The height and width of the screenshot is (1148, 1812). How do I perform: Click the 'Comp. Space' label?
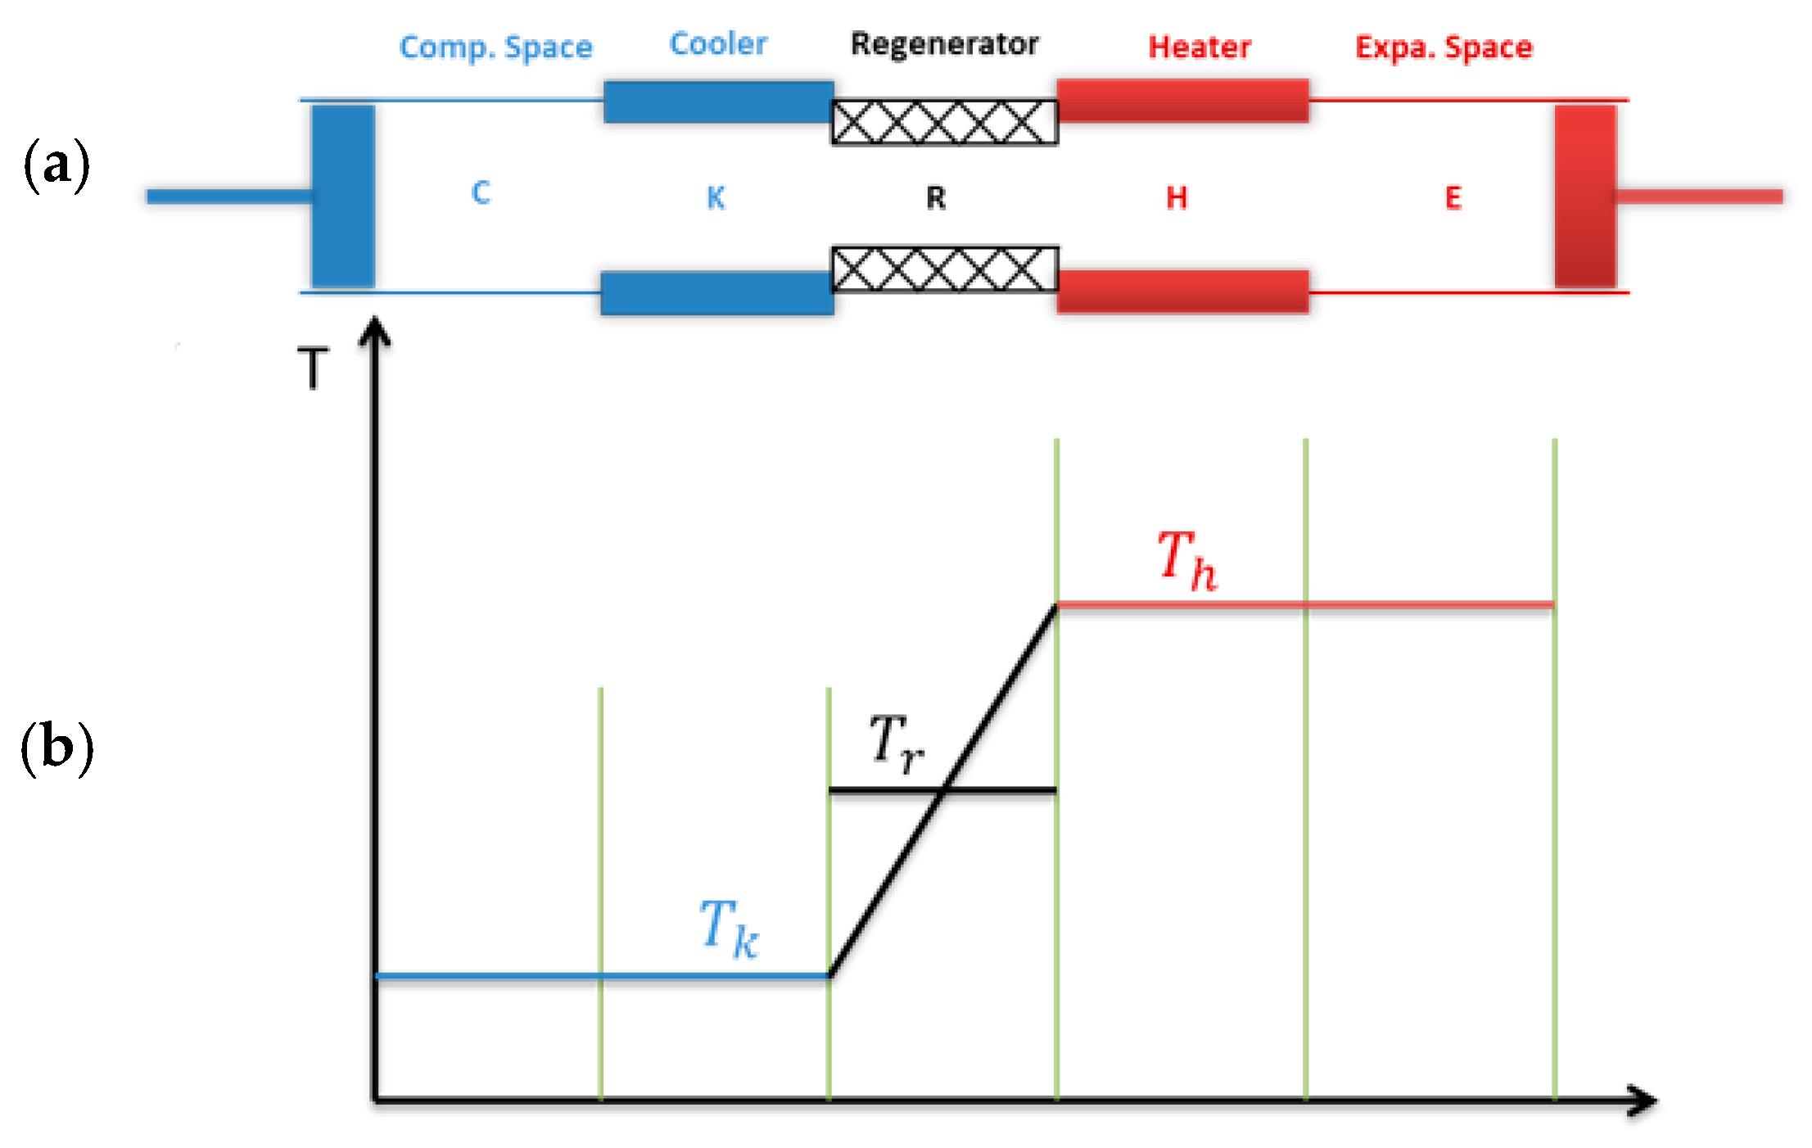(495, 47)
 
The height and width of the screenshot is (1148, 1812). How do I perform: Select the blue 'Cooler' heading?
(718, 44)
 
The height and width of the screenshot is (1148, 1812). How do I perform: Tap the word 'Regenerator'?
(944, 44)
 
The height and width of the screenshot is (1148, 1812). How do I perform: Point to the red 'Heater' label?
(1200, 47)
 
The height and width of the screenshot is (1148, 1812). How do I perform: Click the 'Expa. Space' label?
(1444, 47)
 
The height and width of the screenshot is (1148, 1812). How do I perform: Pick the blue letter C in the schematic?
(481, 193)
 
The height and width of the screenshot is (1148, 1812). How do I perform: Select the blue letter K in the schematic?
(716, 198)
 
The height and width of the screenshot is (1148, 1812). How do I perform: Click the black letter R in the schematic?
(935, 198)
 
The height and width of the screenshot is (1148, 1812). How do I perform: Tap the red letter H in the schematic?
(1177, 198)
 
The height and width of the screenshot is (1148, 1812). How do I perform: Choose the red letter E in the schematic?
(1453, 198)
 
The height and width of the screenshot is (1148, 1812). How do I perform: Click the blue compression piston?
(343, 197)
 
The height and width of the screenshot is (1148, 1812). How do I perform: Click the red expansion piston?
(1585, 197)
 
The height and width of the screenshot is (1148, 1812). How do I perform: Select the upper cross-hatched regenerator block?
(944, 122)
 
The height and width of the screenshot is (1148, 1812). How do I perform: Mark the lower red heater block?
(1182, 292)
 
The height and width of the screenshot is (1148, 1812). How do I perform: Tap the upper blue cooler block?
(718, 102)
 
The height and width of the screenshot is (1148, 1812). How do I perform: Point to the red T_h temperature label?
(1187, 560)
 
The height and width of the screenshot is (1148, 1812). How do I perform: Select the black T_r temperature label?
(896, 743)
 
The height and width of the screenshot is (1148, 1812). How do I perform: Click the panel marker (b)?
(56, 748)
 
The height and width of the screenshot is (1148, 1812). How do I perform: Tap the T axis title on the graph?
(313, 368)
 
